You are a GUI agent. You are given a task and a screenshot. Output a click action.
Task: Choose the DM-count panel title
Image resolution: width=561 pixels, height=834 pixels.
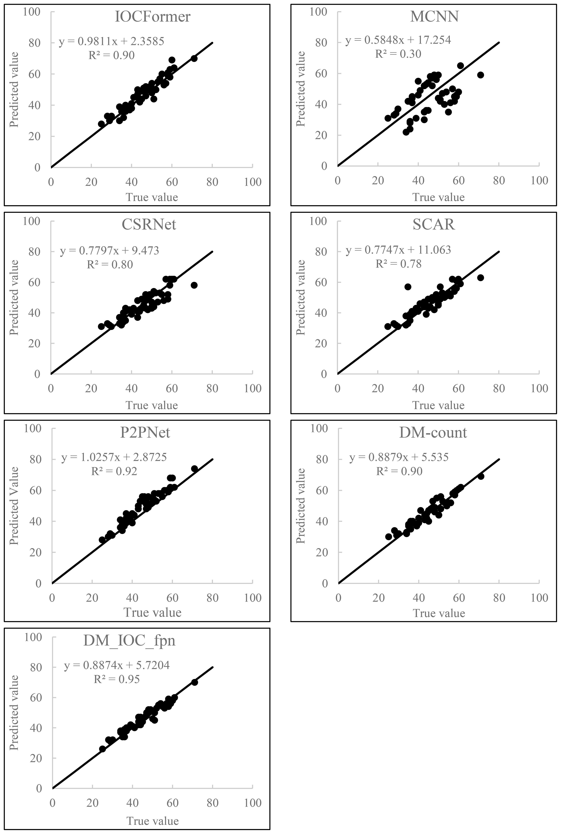tap(433, 433)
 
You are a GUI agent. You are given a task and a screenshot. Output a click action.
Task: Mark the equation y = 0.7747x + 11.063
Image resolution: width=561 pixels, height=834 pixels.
tap(398, 250)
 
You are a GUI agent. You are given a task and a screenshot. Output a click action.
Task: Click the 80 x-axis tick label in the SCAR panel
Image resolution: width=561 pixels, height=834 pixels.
tap(499, 389)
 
